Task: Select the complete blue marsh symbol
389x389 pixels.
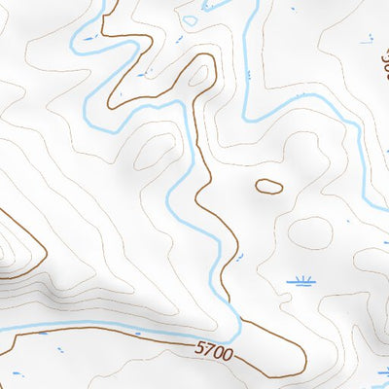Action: (x=301, y=282)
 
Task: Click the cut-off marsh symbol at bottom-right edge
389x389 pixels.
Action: (x=383, y=372)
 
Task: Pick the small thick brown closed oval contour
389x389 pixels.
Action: (x=268, y=185)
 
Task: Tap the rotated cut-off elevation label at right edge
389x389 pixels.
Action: (x=382, y=65)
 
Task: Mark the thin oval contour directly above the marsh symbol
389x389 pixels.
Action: (x=311, y=231)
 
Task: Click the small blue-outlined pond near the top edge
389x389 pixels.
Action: (x=192, y=16)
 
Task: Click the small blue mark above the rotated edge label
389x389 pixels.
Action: (x=368, y=40)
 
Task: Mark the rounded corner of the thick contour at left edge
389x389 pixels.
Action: (x=42, y=255)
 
